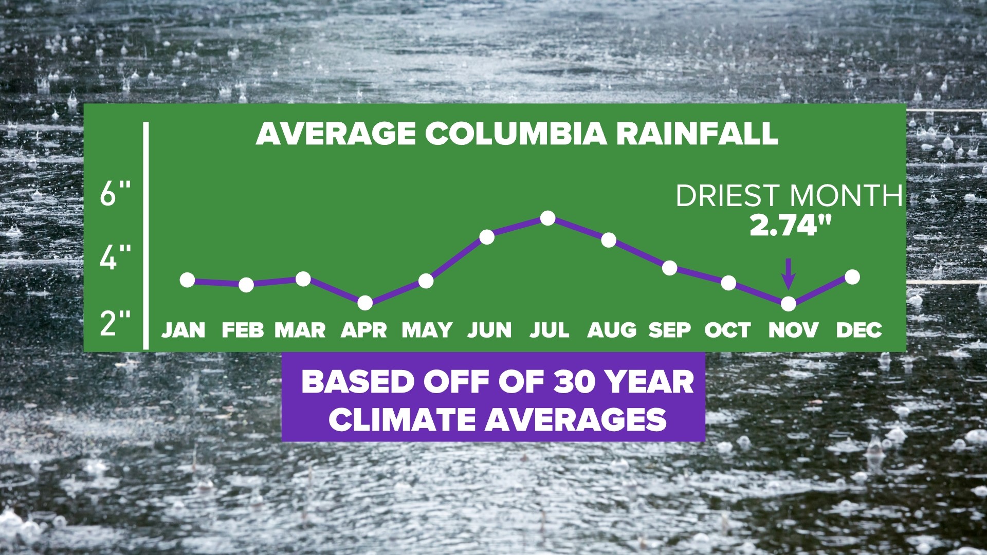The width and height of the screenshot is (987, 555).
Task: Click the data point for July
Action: click(x=548, y=218)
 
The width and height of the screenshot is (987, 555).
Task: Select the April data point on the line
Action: click(x=365, y=303)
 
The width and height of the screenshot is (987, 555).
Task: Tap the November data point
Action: click(x=788, y=304)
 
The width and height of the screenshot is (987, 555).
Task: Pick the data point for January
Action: click(x=188, y=280)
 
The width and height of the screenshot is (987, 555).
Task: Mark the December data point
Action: click(x=852, y=277)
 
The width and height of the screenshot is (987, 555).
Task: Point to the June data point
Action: click(x=487, y=237)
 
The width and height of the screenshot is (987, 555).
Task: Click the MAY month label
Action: click(x=427, y=330)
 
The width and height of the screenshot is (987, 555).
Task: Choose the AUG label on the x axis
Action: click(x=611, y=330)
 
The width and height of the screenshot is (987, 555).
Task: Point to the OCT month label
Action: click(x=727, y=330)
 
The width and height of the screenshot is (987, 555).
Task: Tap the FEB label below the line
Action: click(x=243, y=330)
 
